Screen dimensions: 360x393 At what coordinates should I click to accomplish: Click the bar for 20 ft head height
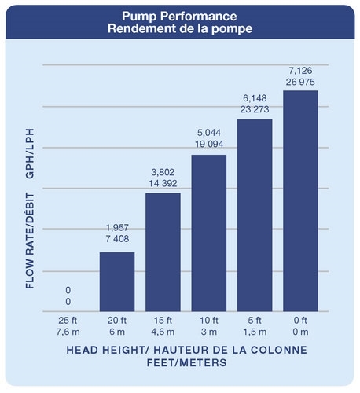117,281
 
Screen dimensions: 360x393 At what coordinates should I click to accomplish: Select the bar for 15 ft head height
163,252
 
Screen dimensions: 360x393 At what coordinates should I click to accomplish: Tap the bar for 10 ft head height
209,233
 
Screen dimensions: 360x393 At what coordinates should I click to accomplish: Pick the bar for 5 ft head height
255,215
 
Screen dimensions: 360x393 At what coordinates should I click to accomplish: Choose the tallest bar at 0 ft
300,201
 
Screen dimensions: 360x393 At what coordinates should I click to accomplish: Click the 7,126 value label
300,71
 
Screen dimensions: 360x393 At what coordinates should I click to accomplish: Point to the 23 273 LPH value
255,109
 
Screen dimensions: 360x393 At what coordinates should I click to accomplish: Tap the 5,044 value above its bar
209,133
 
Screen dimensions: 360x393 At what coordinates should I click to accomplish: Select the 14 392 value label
163,183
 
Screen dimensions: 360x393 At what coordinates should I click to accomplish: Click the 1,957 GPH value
117,228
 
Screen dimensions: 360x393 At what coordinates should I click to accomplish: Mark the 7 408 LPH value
117,239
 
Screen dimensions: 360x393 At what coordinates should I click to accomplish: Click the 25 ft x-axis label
68,320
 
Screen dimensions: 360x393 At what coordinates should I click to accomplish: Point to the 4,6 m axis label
163,332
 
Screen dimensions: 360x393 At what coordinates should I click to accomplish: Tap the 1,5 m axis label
255,332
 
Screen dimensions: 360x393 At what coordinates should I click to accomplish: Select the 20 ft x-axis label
117,320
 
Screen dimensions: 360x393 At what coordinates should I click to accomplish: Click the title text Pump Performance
179,17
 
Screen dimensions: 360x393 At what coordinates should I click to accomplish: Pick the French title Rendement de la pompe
180,28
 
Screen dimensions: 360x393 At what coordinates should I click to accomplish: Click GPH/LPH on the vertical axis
30,153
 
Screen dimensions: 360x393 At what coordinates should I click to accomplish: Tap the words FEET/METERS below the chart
186,362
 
